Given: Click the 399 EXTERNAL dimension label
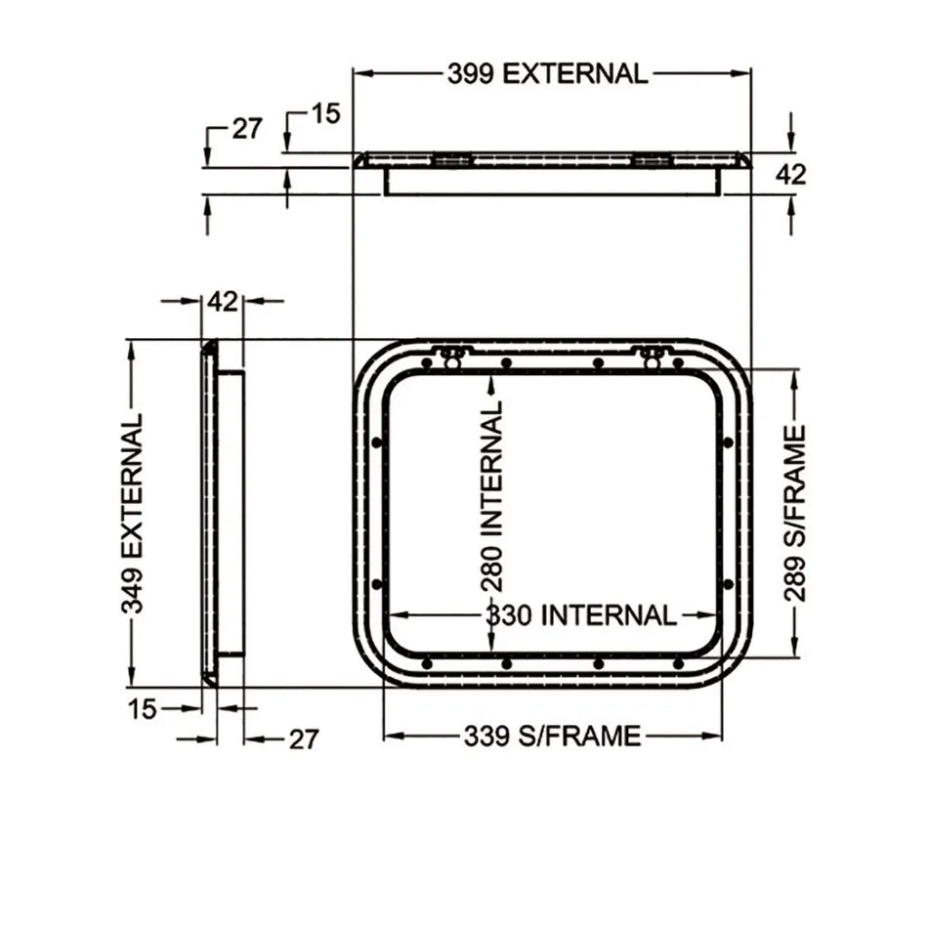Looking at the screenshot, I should tap(548, 73).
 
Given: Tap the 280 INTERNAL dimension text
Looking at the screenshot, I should tap(494, 495).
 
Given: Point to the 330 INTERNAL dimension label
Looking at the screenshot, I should tap(581, 615).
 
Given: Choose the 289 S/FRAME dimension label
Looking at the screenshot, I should tap(796, 513).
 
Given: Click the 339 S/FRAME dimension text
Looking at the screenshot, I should tap(552, 736).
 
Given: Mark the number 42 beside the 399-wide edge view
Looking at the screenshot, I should tap(790, 174).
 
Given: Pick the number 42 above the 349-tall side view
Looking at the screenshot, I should tap(222, 301).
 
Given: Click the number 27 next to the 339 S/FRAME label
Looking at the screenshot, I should tap(303, 739).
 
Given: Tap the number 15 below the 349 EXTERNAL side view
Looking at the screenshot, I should tap(142, 708).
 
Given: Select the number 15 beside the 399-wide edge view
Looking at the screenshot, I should tap(325, 114).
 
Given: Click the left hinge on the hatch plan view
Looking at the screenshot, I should tap(451, 357).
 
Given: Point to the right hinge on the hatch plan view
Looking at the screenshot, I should tap(653, 357).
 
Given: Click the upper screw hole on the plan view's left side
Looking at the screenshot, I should tap(376, 443).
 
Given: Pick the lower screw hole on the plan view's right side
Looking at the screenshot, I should tap(728, 584).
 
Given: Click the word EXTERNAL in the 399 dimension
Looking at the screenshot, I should tap(575, 73).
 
